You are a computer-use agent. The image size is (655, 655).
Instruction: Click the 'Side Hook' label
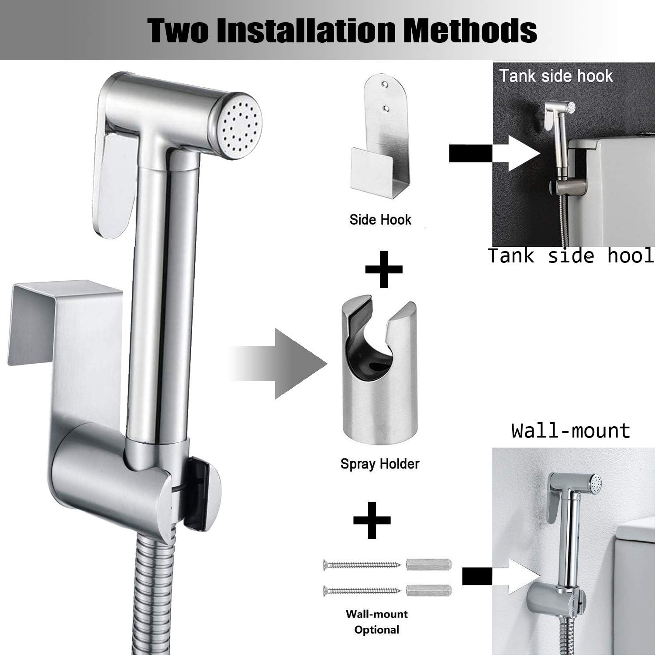(x=380, y=220)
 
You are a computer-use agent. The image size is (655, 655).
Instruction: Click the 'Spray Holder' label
(x=380, y=464)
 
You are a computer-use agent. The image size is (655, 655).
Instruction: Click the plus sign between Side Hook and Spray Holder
(x=384, y=269)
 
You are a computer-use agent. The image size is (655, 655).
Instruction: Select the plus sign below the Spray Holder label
(x=372, y=520)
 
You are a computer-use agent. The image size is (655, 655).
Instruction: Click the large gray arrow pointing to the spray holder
(x=284, y=364)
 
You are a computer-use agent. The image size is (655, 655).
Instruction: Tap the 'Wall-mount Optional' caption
(x=376, y=622)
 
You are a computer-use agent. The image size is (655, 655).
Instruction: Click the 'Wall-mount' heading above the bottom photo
(x=571, y=431)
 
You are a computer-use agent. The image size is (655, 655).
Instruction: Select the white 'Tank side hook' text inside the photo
(x=556, y=76)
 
